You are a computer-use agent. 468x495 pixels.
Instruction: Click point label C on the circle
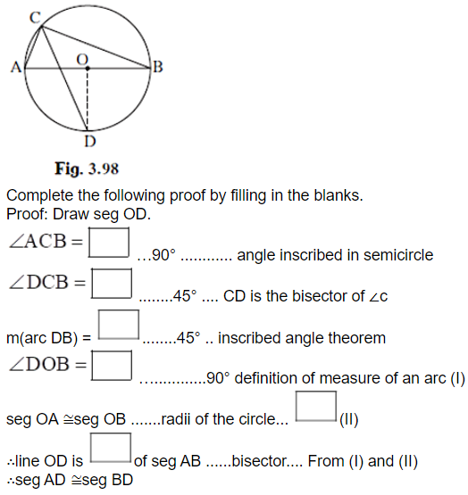tap(35, 17)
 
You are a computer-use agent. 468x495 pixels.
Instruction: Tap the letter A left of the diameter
tap(16, 67)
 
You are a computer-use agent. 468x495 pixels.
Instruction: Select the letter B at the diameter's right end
tap(158, 67)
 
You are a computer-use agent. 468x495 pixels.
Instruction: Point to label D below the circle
tap(90, 141)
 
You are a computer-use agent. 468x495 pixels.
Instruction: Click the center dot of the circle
tap(88, 68)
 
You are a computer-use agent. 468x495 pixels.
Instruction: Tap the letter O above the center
tap(82, 60)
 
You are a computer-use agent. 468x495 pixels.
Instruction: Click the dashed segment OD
tap(88, 99)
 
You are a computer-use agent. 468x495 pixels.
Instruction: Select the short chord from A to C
tap(33, 47)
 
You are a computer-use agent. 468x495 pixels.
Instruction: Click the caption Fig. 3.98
tap(87, 169)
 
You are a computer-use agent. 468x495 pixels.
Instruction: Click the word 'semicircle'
tap(398, 255)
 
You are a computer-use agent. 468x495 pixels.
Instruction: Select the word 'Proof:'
tap(27, 214)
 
